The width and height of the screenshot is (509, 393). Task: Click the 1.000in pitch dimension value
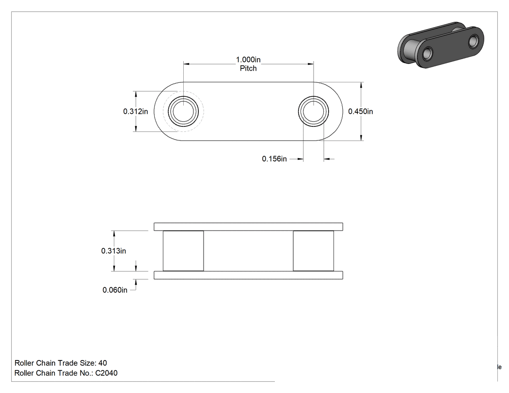(x=248, y=60)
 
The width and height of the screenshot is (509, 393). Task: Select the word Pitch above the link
(x=248, y=68)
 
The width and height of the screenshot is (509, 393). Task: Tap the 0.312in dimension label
(x=135, y=111)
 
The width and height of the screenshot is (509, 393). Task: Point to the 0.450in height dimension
(x=360, y=111)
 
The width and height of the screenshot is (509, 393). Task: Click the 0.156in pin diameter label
(x=274, y=158)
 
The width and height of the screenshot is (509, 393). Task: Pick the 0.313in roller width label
(x=113, y=251)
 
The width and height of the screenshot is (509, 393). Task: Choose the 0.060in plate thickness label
(x=115, y=290)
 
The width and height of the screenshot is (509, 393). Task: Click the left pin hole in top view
(x=183, y=111)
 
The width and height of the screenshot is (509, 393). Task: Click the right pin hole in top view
(x=313, y=111)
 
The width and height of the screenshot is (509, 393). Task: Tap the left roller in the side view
(x=183, y=251)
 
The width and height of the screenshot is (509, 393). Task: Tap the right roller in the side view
(x=313, y=251)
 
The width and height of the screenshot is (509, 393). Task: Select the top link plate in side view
(x=248, y=227)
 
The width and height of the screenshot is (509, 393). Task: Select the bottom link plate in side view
(x=248, y=275)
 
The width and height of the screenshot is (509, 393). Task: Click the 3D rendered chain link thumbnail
(x=441, y=45)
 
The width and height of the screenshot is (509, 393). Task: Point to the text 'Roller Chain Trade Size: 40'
(x=61, y=363)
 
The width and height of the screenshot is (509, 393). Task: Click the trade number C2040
(x=107, y=373)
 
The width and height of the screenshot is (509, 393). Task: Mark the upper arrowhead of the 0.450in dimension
(x=361, y=85)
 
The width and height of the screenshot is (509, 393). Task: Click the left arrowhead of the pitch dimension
(x=187, y=64)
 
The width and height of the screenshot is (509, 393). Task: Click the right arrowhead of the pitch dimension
(x=310, y=64)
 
